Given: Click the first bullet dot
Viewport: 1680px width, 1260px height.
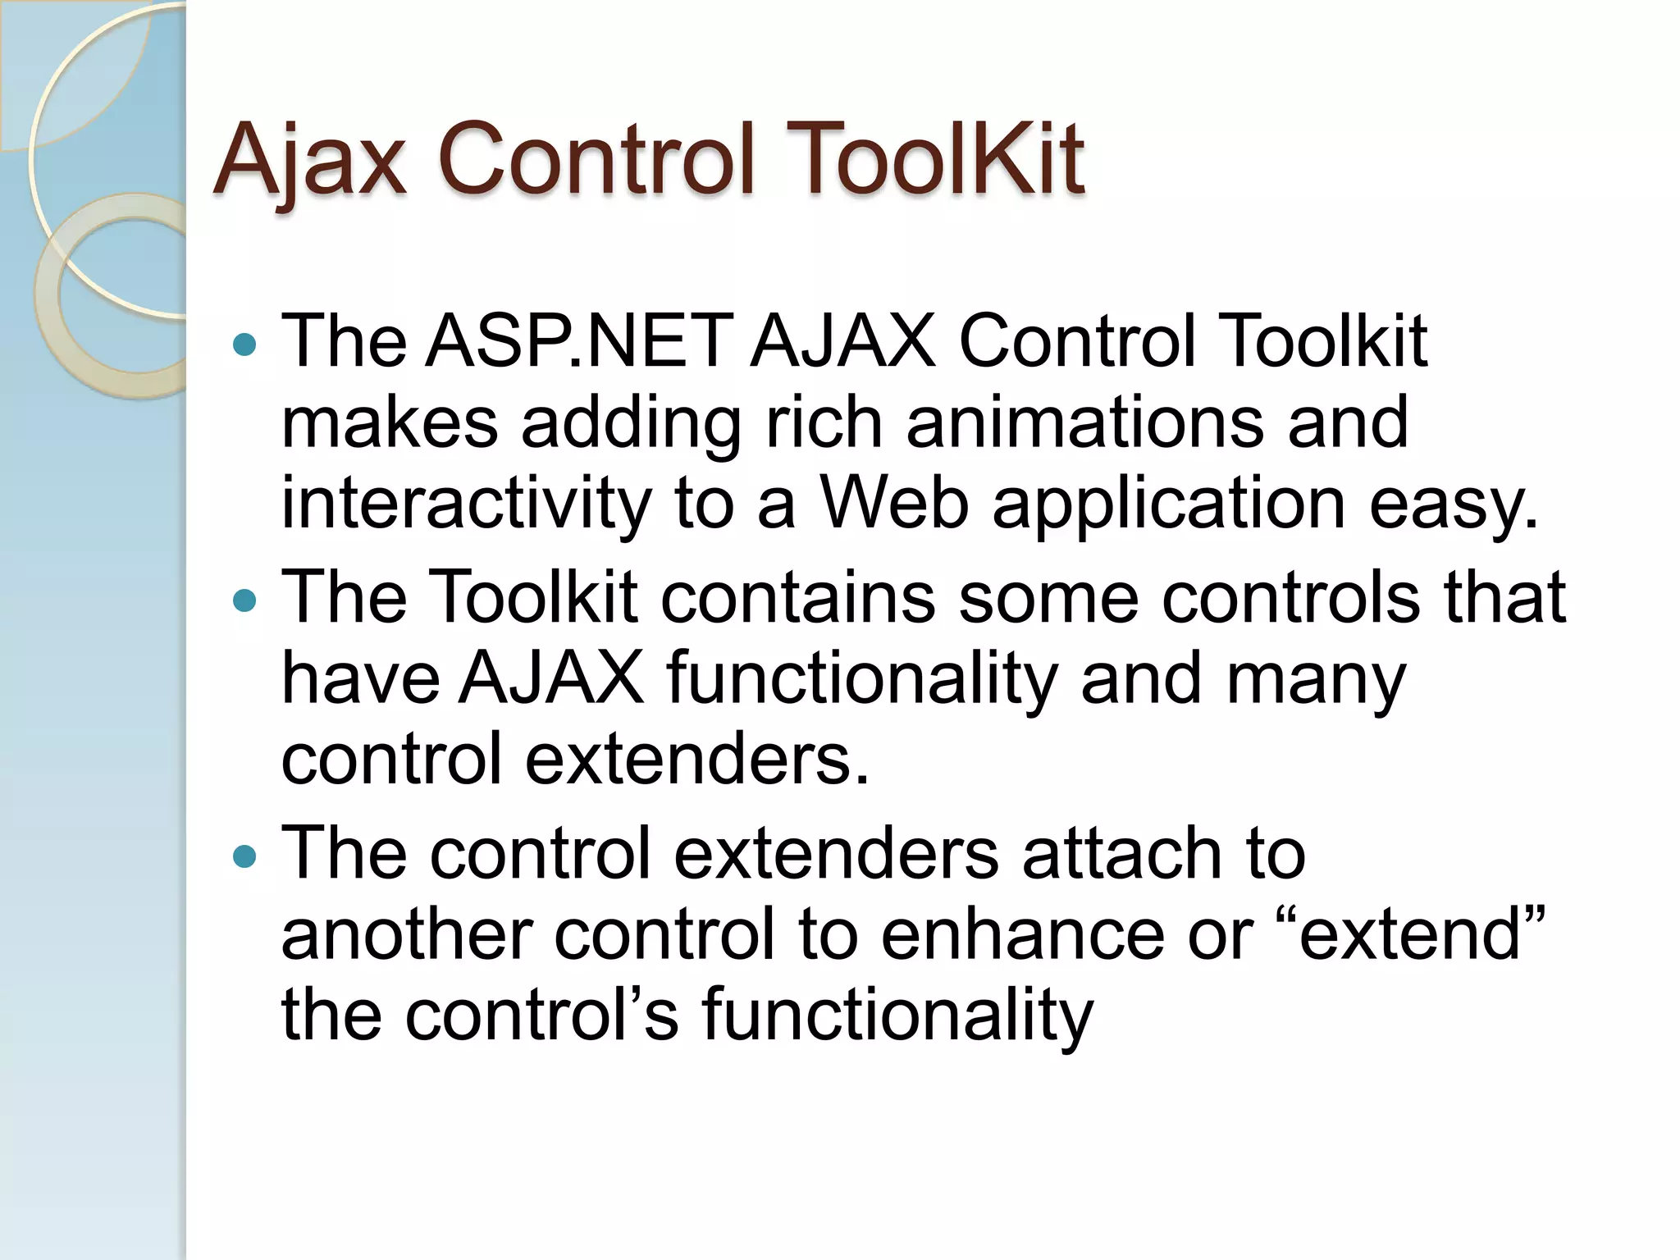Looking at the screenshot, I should [x=244, y=345].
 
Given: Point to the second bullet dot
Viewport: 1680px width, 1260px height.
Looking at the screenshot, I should [x=244, y=601].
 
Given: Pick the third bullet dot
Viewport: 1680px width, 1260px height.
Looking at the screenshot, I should [x=244, y=858].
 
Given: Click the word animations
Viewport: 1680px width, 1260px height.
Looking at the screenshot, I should [x=1084, y=422].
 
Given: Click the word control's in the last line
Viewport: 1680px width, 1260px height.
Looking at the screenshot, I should [x=541, y=1015].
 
